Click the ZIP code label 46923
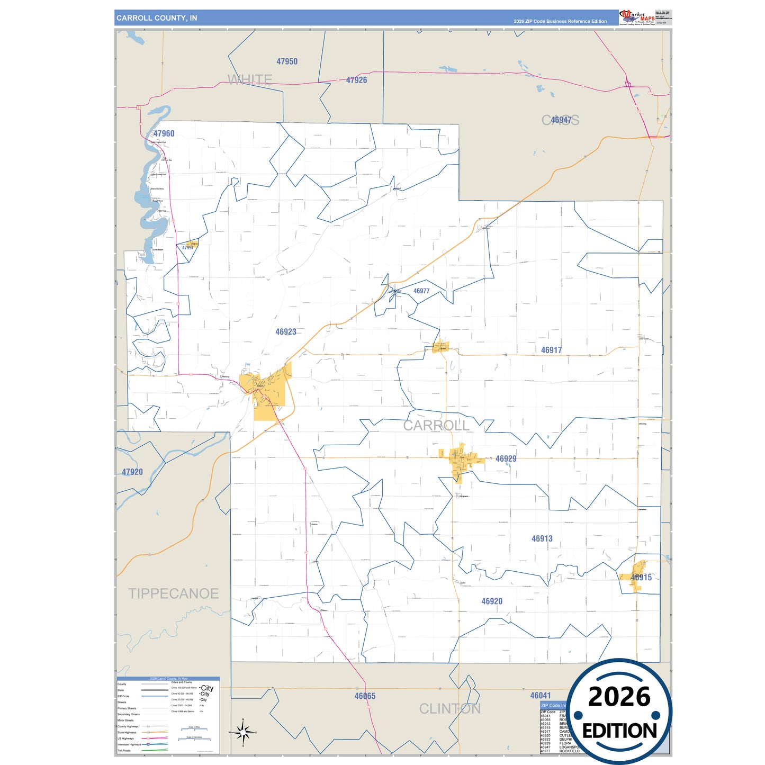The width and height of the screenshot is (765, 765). click(x=286, y=332)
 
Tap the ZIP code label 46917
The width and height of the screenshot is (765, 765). click(x=551, y=350)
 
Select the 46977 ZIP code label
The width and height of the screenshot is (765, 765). click(x=421, y=291)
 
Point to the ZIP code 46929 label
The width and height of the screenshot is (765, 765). click(x=506, y=459)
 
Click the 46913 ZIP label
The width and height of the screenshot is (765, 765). click(x=542, y=538)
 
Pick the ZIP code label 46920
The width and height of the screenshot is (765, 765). click(x=492, y=601)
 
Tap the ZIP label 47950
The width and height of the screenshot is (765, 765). click(x=287, y=61)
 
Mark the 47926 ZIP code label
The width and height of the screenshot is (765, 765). click(x=356, y=80)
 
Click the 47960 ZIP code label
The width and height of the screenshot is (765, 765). click(x=164, y=133)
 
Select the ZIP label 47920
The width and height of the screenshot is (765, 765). click(x=132, y=472)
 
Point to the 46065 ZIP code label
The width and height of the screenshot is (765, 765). click(x=365, y=696)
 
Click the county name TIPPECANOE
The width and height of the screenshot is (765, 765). click(x=173, y=593)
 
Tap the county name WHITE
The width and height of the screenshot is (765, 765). click(x=250, y=79)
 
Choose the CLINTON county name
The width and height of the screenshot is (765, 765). click(x=450, y=709)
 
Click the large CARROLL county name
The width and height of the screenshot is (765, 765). click(x=436, y=426)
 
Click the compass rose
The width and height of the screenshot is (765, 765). click(x=242, y=733)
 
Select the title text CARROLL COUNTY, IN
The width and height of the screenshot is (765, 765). click(x=157, y=18)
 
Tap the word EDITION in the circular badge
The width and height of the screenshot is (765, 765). click(x=619, y=731)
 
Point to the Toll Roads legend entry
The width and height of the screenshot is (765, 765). click(x=124, y=751)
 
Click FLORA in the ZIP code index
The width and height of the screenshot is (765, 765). click(x=565, y=743)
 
